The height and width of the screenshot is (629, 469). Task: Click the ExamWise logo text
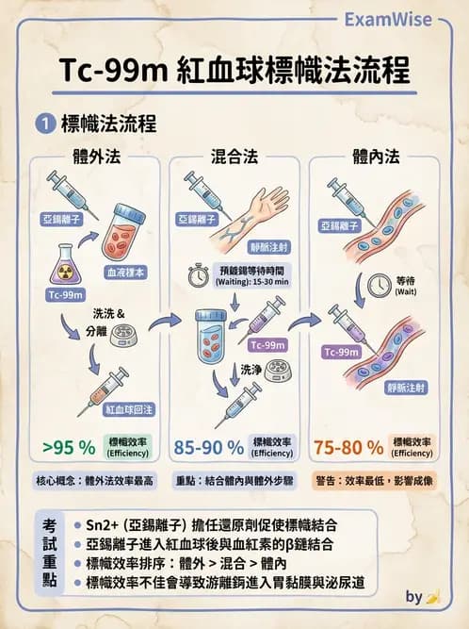pyautogui.click(x=402, y=18)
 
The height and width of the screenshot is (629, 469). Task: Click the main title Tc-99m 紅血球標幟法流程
pyautogui.click(x=234, y=71)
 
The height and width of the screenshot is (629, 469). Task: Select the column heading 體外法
pyautogui.click(x=89, y=155)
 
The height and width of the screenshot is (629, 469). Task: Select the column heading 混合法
pyautogui.click(x=235, y=155)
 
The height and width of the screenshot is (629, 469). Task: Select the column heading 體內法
pyautogui.click(x=377, y=155)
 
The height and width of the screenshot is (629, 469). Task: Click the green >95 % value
pyautogui.click(x=69, y=446)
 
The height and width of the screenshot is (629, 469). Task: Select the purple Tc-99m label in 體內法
pyautogui.click(x=341, y=352)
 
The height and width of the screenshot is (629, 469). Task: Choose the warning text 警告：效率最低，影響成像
pyautogui.click(x=378, y=480)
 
